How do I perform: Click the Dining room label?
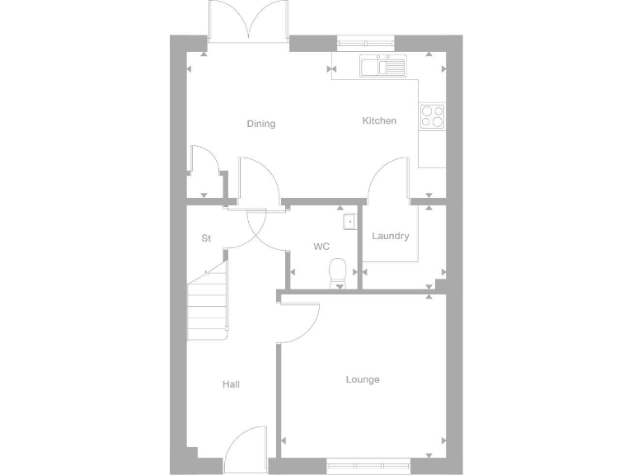[x=261, y=124]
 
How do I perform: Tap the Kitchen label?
[x=379, y=120]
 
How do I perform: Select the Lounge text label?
[x=363, y=379]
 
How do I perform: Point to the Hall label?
[x=231, y=384]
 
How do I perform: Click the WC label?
[x=321, y=247]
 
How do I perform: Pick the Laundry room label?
[x=390, y=236]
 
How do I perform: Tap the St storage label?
[x=206, y=238]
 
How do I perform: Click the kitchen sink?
[x=382, y=65]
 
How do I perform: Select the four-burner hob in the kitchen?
[x=432, y=116]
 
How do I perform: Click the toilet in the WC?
[x=338, y=273]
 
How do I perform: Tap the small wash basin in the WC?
[x=349, y=220]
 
